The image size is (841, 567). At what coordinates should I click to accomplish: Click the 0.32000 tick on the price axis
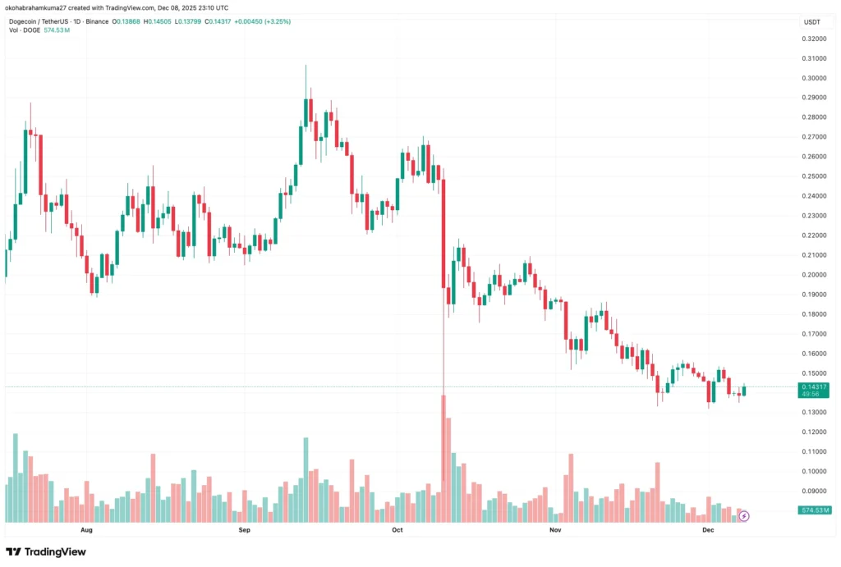click(x=813, y=39)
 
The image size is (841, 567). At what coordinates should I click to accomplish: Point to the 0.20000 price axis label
click(x=813, y=275)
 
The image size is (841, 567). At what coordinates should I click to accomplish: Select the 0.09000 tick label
click(x=813, y=492)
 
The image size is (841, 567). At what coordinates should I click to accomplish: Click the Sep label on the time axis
click(x=243, y=531)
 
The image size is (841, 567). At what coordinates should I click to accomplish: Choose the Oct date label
click(x=398, y=531)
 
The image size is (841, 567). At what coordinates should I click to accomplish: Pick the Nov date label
click(x=554, y=531)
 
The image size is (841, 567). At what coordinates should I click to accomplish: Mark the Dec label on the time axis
click(x=707, y=531)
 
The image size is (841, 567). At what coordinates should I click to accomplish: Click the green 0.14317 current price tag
click(x=813, y=390)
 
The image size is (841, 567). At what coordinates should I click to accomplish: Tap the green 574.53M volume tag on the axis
click(x=814, y=510)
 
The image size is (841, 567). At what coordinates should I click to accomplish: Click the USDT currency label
click(x=812, y=22)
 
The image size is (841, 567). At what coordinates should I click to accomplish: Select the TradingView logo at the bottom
click(x=45, y=552)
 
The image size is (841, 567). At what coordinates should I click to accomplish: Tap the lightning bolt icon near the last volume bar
click(x=744, y=516)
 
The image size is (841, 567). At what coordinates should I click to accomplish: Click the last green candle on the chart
click(x=745, y=390)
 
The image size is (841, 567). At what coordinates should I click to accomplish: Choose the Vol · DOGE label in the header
click(x=25, y=30)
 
